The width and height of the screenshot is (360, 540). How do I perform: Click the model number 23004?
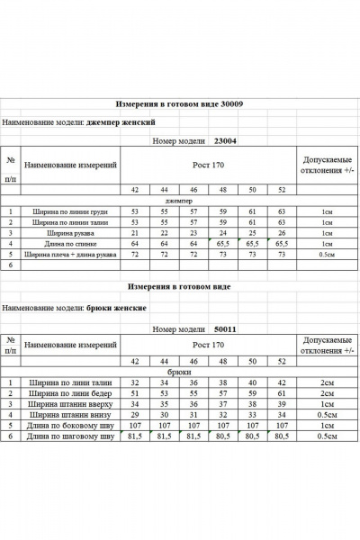pos(223,141)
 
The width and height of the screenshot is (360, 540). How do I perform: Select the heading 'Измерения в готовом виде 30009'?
pos(180,104)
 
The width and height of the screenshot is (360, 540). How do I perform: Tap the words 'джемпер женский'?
pos(121,121)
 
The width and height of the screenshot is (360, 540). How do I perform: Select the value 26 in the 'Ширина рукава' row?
pos(282,232)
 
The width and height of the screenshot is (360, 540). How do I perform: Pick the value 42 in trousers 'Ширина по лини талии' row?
pos(282,382)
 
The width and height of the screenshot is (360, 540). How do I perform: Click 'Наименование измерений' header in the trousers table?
pos(71,345)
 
